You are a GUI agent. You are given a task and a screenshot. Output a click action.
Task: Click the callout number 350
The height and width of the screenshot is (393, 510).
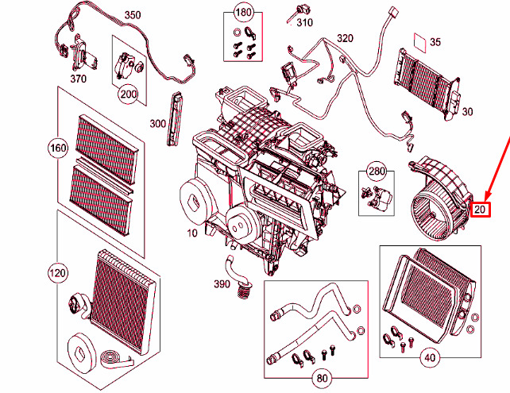point(132,15)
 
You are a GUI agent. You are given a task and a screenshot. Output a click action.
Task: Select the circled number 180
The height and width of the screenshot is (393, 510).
point(242,15)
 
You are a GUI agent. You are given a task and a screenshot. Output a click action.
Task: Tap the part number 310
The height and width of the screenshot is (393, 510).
point(305,23)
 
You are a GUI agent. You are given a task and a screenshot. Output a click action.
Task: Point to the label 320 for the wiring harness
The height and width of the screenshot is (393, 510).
point(344,38)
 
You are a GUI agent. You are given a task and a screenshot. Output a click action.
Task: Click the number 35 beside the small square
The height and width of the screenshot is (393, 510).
point(435,41)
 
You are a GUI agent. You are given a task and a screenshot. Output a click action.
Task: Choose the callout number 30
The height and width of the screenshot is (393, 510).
point(468,111)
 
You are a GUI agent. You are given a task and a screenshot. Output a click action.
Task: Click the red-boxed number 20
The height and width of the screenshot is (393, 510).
point(481,210)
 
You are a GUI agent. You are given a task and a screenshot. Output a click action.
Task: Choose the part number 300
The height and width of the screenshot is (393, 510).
point(157,123)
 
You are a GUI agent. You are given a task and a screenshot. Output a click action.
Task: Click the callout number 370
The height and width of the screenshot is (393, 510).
point(78,79)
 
